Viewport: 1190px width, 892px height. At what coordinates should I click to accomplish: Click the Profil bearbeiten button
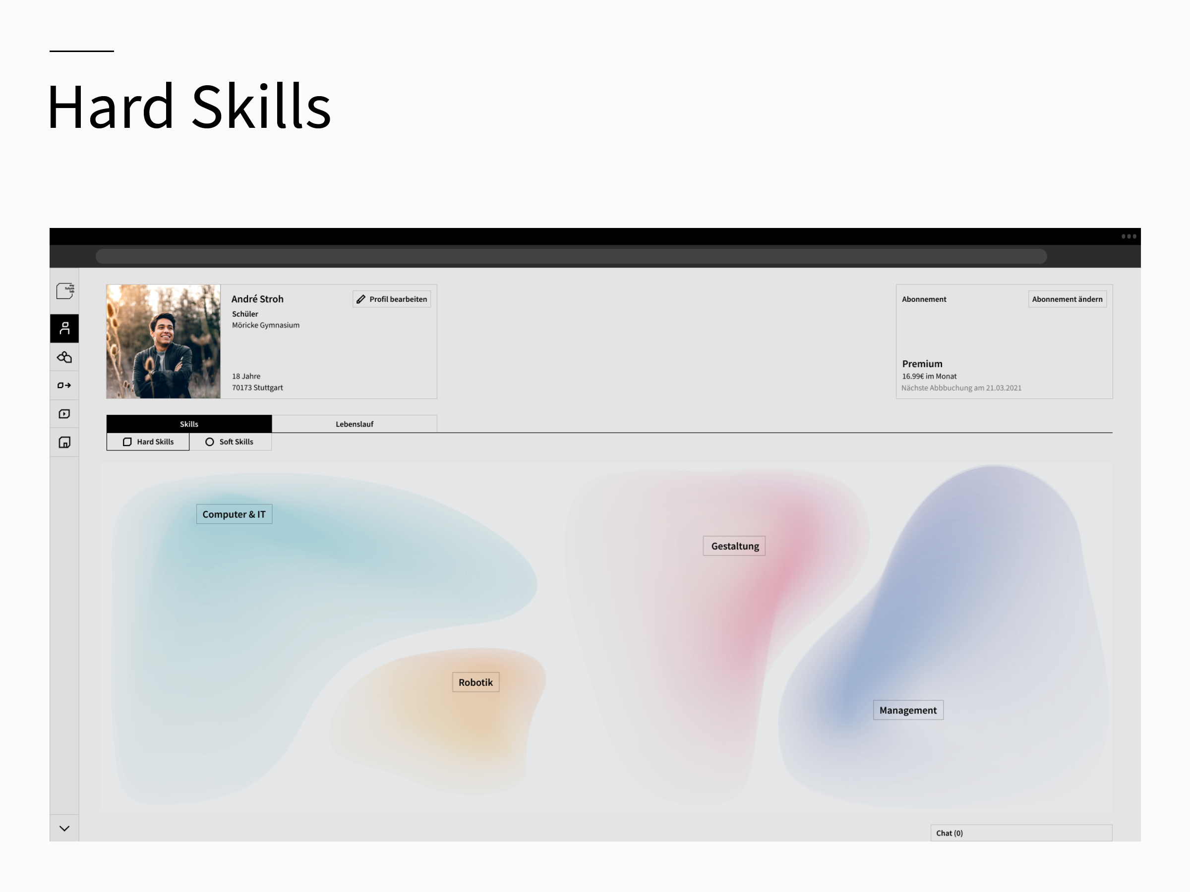click(392, 299)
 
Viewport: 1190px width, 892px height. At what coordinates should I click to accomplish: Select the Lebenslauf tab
click(355, 424)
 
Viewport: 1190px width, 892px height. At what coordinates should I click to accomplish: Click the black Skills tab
click(189, 424)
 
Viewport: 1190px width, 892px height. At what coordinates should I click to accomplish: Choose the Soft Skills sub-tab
click(230, 442)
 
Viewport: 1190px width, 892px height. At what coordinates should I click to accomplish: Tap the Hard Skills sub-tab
click(148, 442)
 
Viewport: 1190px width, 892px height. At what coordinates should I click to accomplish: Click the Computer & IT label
click(234, 514)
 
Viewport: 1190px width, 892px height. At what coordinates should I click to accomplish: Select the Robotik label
click(476, 682)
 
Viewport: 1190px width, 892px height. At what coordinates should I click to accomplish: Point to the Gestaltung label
click(734, 546)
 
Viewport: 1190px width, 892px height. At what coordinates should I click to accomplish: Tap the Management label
click(908, 710)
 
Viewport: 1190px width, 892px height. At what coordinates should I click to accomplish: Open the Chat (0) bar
click(1021, 833)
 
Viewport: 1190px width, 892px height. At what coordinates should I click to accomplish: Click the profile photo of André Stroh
click(164, 341)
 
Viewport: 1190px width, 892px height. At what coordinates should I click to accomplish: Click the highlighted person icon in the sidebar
click(64, 328)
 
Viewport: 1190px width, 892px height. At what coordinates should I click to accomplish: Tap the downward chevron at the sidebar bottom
click(64, 829)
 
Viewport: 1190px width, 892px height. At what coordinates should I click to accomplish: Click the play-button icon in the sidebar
click(64, 413)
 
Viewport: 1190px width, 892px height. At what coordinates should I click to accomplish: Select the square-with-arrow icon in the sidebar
click(64, 385)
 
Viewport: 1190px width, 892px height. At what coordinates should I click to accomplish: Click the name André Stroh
click(257, 299)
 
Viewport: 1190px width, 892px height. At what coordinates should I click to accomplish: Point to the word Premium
click(922, 363)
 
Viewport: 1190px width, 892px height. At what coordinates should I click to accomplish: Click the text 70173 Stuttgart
click(257, 387)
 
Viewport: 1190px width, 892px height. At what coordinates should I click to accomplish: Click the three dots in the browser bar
click(1129, 236)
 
